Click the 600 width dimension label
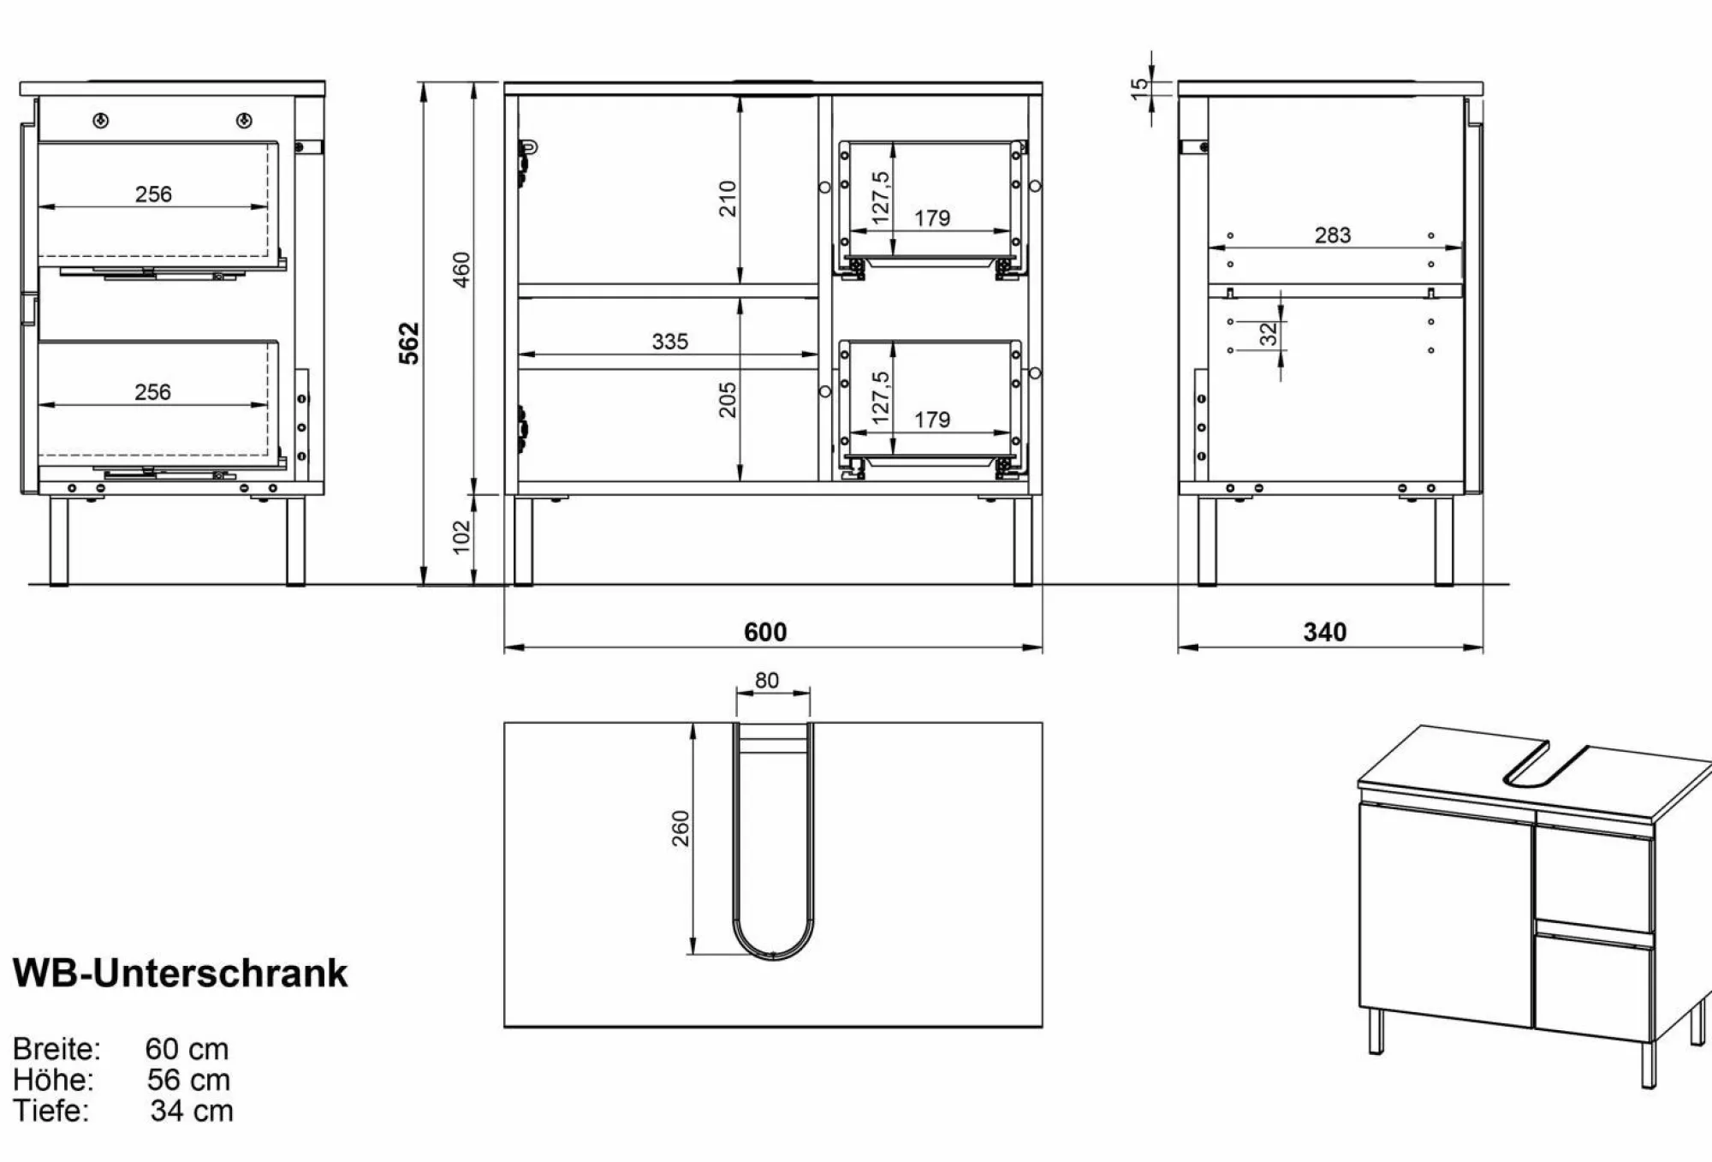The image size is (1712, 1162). (765, 632)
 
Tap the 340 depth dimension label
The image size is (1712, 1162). (1325, 632)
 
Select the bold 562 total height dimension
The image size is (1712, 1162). (410, 343)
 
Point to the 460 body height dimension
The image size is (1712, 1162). (461, 270)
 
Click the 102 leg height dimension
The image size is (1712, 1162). (461, 537)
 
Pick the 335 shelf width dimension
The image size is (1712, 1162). (669, 342)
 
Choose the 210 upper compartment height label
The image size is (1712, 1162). (728, 198)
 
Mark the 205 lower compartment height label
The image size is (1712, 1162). (728, 399)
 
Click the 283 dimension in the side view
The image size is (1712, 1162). (1333, 235)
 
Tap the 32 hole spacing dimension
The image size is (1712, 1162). (1269, 333)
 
